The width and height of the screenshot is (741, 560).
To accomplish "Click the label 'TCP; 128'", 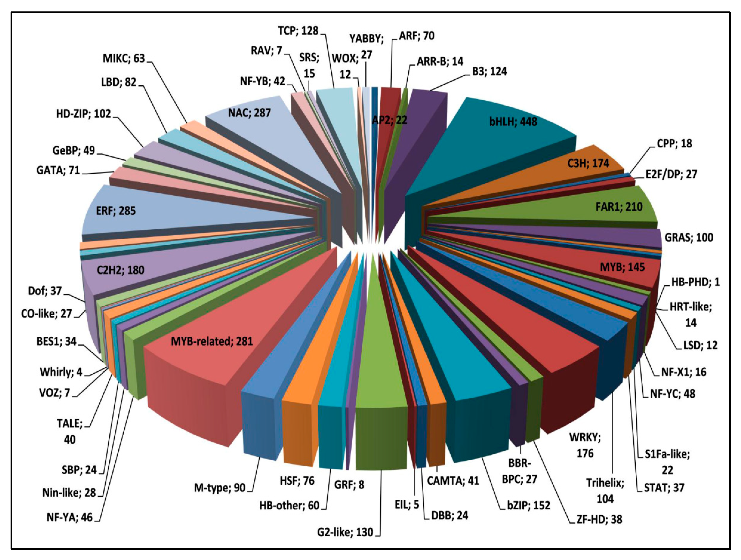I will tap(298, 31).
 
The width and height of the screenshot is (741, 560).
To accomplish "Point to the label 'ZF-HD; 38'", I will tap(599, 519).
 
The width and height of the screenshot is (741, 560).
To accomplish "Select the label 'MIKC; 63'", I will tap(124, 58).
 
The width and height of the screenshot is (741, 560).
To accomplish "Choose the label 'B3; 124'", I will tap(490, 71).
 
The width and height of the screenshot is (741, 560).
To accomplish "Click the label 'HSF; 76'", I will tap(297, 481).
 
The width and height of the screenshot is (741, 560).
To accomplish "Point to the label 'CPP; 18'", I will tap(674, 143).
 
